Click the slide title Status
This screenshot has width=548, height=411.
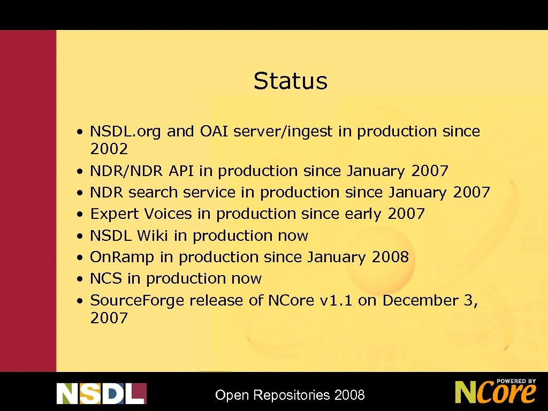click(290, 81)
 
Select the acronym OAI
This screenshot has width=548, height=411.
click(217, 131)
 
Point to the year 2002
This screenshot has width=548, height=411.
click(109, 149)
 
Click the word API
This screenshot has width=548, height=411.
click(181, 171)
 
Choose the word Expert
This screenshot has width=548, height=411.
click(114, 214)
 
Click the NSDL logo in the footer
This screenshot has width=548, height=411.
click(101, 393)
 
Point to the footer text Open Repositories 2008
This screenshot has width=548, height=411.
click(290, 395)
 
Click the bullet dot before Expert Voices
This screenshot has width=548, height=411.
click(79, 215)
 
